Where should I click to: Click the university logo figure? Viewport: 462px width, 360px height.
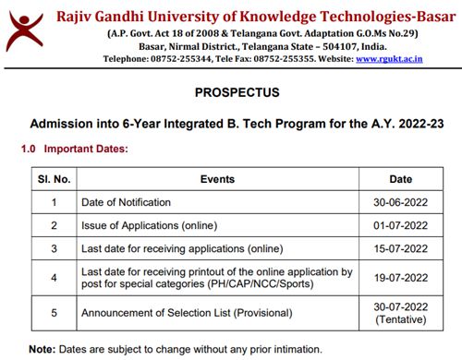(x=25, y=30)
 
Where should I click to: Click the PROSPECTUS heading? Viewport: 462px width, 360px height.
(x=231, y=93)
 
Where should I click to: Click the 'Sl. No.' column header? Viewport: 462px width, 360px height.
(x=54, y=179)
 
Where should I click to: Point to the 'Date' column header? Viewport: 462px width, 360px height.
(x=400, y=179)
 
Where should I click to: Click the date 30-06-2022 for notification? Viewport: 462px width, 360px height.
(x=400, y=202)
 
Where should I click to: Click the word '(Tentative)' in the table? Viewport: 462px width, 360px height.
(x=400, y=319)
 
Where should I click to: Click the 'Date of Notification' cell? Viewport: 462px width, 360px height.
(x=126, y=202)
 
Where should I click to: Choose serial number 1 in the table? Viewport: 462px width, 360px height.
(x=54, y=202)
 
